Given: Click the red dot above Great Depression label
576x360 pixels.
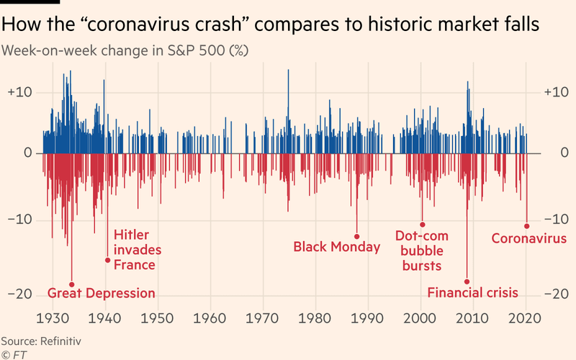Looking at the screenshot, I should click(x=71, y=284).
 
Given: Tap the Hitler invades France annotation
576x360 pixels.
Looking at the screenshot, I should click(x=137, y=250).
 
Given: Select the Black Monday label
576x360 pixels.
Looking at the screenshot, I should click(x=336, y=247).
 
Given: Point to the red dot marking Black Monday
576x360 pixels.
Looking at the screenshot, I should click(x=356, y=236).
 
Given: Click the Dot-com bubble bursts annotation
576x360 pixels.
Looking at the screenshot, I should click(x=422, y=251).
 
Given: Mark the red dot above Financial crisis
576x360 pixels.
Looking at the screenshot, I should click(x=467, y=282).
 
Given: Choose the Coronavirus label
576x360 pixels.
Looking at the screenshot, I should click(x=528, y=239).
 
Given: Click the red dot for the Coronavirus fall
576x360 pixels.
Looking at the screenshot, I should click(x=526, y=226).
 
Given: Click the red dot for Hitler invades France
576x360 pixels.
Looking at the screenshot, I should click(x=108, y=260).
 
